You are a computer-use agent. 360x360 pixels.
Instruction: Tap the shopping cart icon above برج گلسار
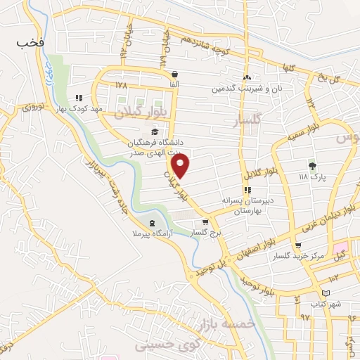point(205,221)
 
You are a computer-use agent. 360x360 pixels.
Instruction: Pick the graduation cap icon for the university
point(154,131)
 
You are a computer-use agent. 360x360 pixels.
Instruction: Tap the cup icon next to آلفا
point(174,74)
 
